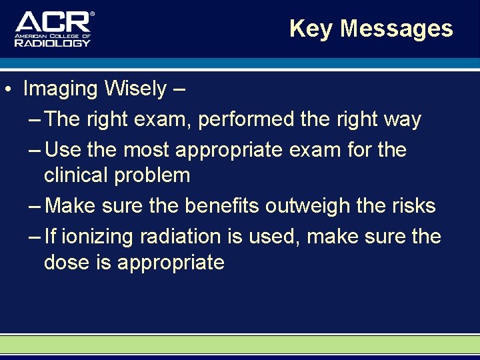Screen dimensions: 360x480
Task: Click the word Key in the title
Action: [x=311, y=29]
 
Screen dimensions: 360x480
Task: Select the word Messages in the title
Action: [x=397, y=29]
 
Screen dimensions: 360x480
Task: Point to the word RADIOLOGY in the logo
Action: [x=53, y=42]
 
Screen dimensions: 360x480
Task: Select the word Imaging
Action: [x=61, y=88]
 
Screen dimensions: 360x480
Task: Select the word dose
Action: [x=65, y=262]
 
